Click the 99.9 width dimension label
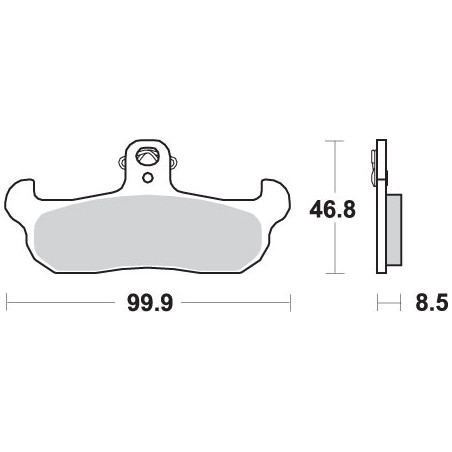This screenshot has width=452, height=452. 150,303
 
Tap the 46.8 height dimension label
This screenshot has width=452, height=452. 332,210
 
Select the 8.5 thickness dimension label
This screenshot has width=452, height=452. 431,303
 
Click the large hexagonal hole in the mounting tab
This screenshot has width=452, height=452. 147,155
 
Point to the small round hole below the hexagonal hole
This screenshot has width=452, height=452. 147,178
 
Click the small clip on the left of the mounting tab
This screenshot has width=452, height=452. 122,162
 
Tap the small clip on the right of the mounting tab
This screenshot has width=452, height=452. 172,162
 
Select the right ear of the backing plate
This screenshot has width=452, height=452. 276,200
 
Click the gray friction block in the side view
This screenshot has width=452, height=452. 394,230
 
